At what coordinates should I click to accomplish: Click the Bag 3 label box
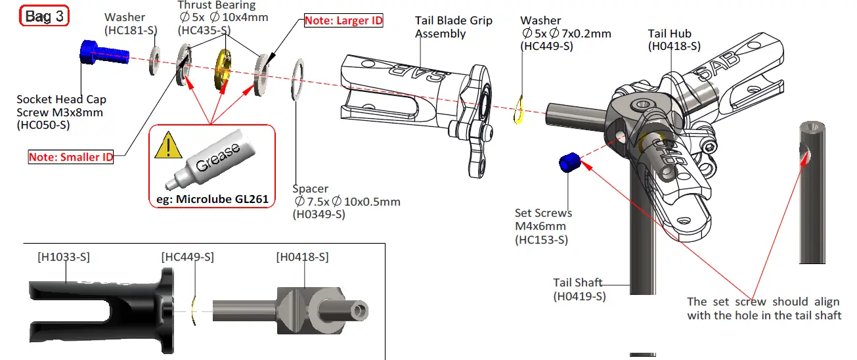click(44, 16)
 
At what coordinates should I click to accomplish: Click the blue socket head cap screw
click(99, 53)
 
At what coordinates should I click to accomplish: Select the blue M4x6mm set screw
click(568, 162)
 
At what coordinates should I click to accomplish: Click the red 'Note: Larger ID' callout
click(343, 20)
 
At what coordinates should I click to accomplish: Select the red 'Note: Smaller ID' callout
click(70, 157)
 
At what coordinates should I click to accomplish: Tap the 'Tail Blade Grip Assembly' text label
click(453, 28)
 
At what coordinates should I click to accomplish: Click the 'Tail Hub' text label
click(669, 34)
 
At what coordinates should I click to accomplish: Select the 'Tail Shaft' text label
click(577, 282)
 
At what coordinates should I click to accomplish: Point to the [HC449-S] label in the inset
click(188, 257)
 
